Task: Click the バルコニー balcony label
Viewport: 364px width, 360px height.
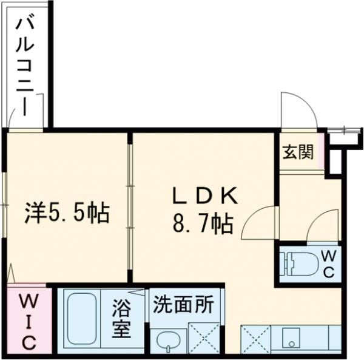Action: tap(25, 66)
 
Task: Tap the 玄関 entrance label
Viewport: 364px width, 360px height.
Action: tap(297, 152)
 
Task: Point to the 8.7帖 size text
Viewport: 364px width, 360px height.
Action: tap(203, 225)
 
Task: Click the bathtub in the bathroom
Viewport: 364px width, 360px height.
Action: tap(82, 321)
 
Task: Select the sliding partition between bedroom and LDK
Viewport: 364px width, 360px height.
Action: tap(130, 206)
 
